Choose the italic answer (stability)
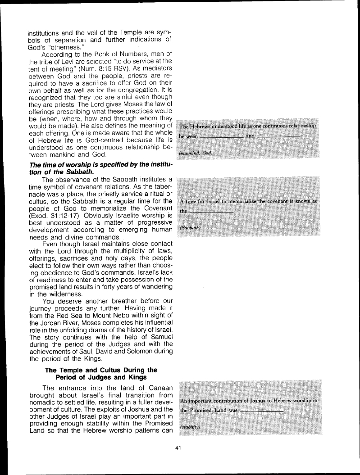pyautogui.click(x=190, y=425)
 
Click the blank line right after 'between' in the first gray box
pyautogui.click(x=221, y=137)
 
